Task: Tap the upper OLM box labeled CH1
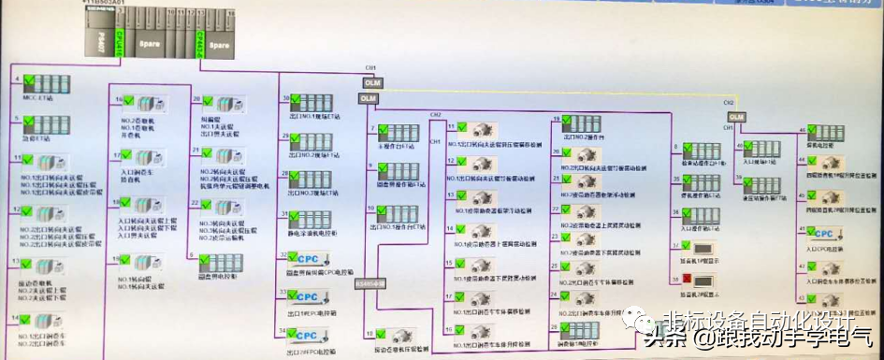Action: click(x=370, y=83)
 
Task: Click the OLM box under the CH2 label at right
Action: click(x=736, y=116)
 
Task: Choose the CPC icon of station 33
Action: click(x=309, y=297)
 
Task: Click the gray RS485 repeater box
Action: click(x=371, y=283)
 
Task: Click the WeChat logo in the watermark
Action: click(x=645, y=322)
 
